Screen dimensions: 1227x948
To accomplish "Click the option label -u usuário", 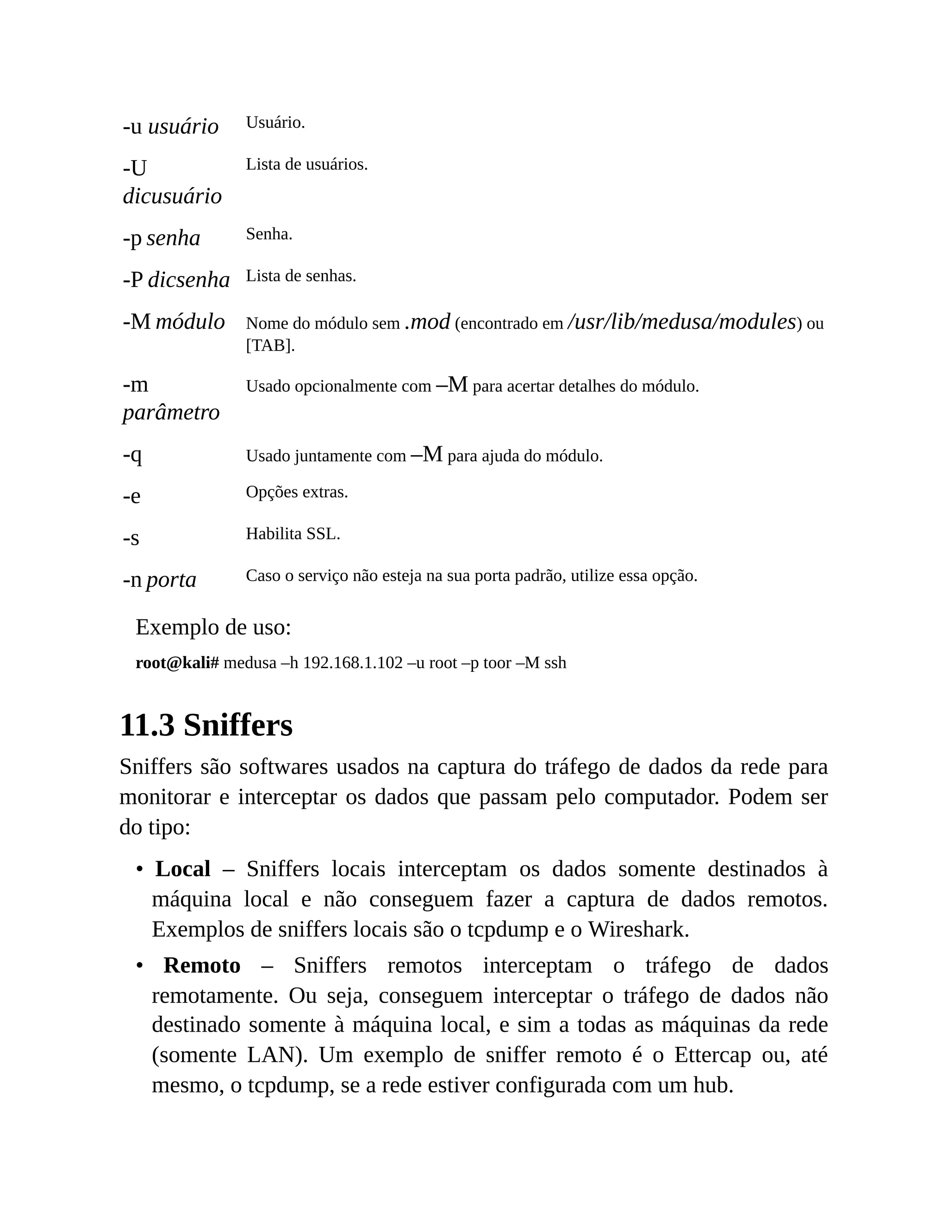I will [170, 126].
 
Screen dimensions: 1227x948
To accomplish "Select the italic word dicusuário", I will [172, 196].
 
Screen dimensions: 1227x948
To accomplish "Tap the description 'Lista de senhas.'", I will [300, 276].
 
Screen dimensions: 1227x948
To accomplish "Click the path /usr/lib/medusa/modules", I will [681, 322].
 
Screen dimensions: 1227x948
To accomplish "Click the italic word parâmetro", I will [171, 413].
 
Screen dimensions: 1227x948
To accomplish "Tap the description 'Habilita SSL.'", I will [293, 534].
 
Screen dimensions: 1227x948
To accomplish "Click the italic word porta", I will [171, 579].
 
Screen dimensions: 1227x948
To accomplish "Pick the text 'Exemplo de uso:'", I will [213, 627].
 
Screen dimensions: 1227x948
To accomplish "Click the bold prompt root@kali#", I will [177, 663].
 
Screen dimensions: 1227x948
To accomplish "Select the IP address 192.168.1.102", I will [353, 663].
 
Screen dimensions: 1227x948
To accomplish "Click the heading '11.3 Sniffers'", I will [206, 725].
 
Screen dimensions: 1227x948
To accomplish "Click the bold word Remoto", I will [202, 966].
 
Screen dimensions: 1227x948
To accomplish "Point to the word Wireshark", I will [637, 930].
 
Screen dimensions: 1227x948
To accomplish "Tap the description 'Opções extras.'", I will [297, 492].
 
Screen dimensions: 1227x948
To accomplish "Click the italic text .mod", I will [427, 322].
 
